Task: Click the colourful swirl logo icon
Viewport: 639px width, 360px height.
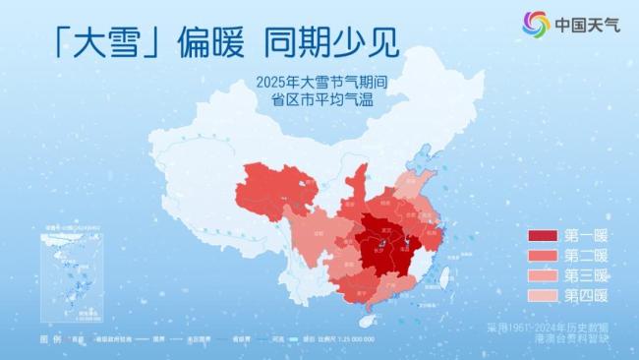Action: (x=536, y=24)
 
